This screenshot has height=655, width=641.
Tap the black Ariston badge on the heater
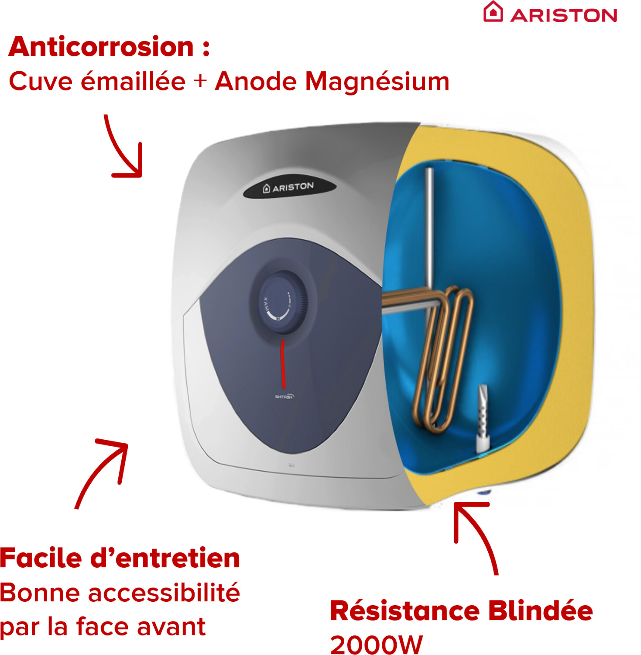click(289, 187)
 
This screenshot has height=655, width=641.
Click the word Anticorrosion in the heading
click(101, 47)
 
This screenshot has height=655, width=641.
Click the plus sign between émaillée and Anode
click(200, 81)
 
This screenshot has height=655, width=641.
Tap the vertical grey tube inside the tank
click(429, 227)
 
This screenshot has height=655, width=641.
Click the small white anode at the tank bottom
click(482, 419)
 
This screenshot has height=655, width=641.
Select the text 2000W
click(376, 645)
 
